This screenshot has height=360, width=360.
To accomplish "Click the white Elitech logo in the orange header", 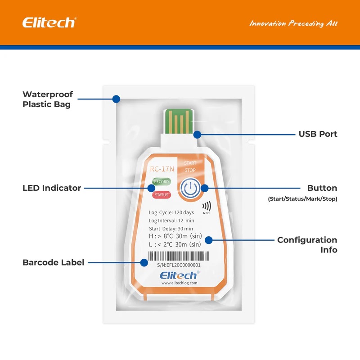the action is tap(49, 22).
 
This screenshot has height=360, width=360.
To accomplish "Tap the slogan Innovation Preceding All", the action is tap(293, 24).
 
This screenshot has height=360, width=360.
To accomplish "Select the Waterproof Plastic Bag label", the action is tap(48, 99).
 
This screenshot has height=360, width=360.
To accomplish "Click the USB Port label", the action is tap(318, 134).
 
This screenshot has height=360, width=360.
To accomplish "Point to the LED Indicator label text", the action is tap(52, 188).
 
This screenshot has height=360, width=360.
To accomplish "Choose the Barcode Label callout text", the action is tap(53, 262).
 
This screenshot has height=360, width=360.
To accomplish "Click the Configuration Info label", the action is tap(307, 245).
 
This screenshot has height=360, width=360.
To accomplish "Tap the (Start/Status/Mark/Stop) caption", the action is tap(302, 199).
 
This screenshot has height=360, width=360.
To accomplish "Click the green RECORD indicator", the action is tap(162, 182).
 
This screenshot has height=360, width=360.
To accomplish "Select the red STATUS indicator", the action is tap(162, 195).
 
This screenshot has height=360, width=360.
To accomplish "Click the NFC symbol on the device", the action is tap(207, 208).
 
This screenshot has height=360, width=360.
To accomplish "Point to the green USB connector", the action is tap(178, 121).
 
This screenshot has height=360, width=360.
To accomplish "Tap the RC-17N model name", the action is tap(162, 169).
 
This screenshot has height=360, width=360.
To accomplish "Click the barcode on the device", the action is tap(179, 256).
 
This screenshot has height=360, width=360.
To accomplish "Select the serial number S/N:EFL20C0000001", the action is tap(179, 265).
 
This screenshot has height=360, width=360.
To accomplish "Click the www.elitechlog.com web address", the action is tap(179, 283).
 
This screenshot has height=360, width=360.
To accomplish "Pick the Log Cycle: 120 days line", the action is tap(171, 212).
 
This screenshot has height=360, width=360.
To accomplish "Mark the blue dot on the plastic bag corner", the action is tap(116, 99).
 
